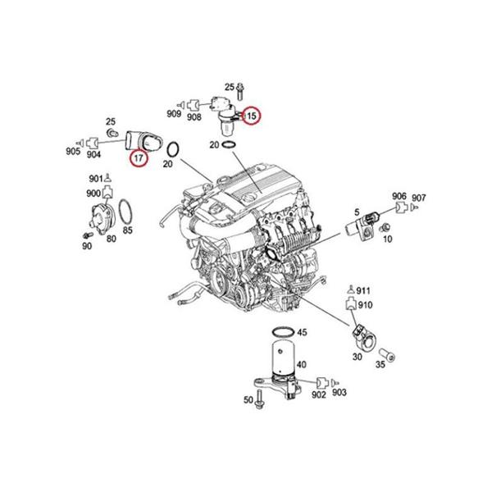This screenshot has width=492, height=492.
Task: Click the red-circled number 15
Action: (x=252, y=116)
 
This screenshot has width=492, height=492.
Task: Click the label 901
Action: (x=96, y=179)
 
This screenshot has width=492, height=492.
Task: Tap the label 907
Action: (x=419, y=198)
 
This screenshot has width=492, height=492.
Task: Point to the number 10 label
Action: (x=388, y=239)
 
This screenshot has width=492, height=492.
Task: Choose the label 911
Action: (x=364, y=290)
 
